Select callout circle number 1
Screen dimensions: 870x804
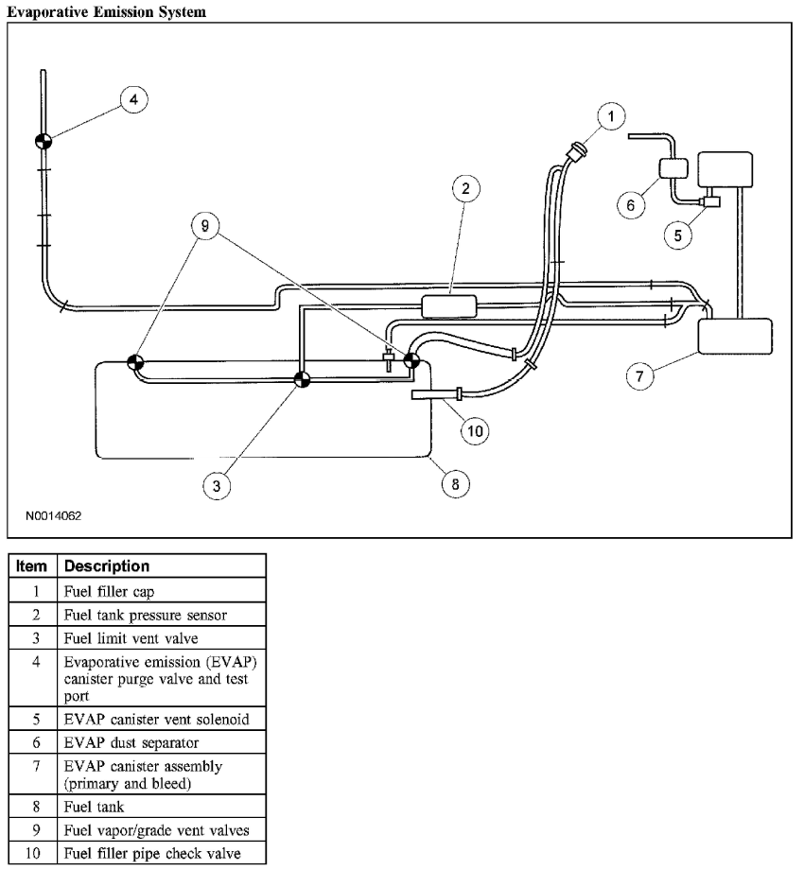coord(612,116)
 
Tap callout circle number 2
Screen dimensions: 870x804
coord(464,189)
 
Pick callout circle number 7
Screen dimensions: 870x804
coord(639,375)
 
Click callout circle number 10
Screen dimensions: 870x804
coord(476,430)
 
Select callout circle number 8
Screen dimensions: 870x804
coord(455,481)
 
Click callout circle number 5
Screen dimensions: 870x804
coord(677,235)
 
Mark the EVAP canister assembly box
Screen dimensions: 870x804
coord(734,336)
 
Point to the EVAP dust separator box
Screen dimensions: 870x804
coord(676,168)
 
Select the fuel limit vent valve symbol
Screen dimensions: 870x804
coord(302,380)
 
